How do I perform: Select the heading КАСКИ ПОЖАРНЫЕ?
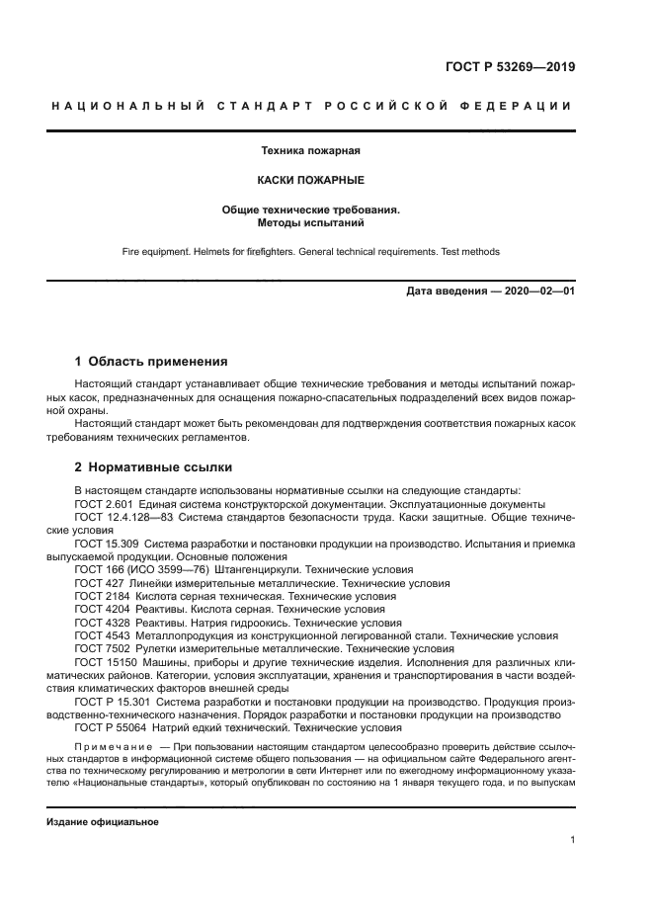pyautogui.click(x=309, y=181)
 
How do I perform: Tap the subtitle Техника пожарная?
pyautogui.click(x=309, y=151)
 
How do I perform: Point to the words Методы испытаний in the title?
pyautogui.click(x=309, y=223)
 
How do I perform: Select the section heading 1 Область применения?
pyautogui.click(x=151, y=362)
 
